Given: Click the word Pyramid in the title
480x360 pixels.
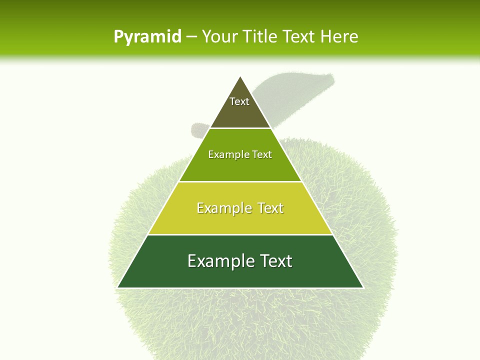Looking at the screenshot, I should click(x=147, y=37).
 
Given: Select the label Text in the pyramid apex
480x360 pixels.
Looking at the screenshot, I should click(x=239, y=101).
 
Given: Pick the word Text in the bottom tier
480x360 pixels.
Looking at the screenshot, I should click(x=275, y=261).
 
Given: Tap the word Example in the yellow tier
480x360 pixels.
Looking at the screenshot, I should click(x=223, y=208).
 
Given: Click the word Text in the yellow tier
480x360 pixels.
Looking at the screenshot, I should click(x=270, y=208).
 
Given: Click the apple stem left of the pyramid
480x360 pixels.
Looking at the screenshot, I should click(x=198, y=130).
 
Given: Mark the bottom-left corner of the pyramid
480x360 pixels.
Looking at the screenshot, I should click(x=117, y=287).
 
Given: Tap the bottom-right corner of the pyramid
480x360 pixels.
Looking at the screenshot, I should click(x=363, y=287).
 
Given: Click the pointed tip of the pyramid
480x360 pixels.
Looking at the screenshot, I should click(x=240, y=77).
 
